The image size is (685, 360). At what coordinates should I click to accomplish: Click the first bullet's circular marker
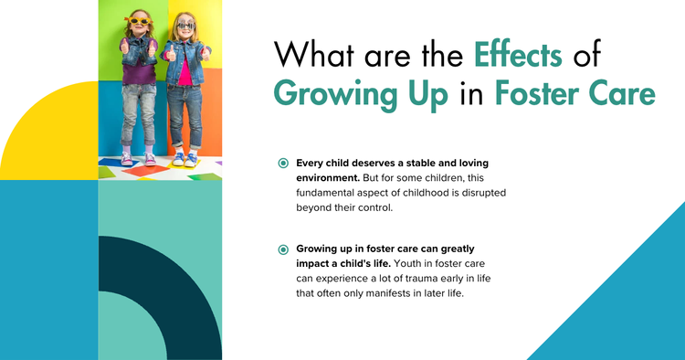[x=284, y=163]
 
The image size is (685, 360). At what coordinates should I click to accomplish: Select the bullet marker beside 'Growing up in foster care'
[x=284, y=249]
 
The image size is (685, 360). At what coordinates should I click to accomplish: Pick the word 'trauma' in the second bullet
[x=429, y=278]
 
